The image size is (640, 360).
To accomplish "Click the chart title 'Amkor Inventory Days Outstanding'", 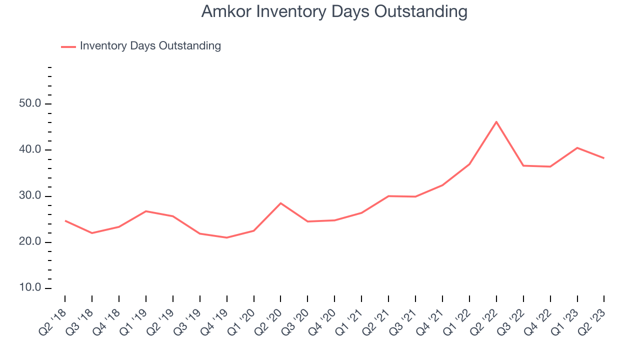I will tap(334, 11).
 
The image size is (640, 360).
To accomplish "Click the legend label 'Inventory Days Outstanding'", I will tap(150, 46).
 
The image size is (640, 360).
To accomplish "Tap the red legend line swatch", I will tap(68, 46).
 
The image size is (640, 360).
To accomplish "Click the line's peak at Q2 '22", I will tap(496, 121).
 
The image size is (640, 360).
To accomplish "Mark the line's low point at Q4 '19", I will tap(227, 237).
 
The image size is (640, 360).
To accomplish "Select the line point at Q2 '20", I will tap(280, 203).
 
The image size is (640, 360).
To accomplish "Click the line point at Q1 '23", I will tap(577, 147).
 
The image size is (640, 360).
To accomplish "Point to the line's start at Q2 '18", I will tap(65, 220).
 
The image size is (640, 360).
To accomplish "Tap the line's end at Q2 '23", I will tap(604, 158).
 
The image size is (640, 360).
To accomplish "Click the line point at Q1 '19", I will tap(146, 211).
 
